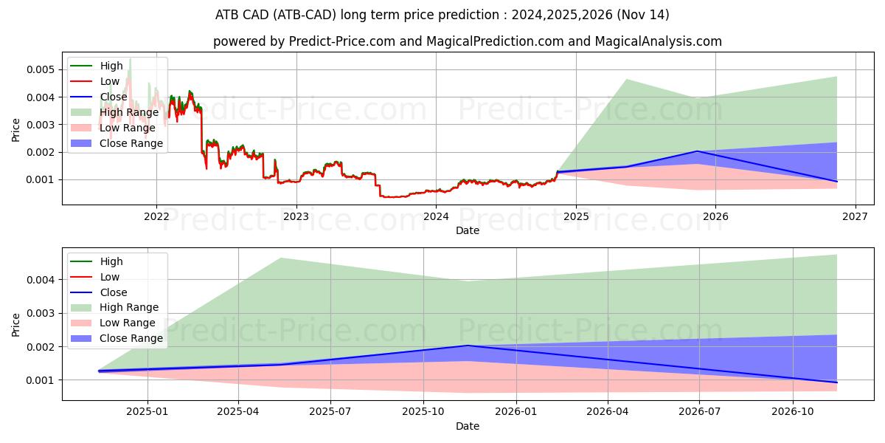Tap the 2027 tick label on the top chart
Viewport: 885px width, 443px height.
(855, 216)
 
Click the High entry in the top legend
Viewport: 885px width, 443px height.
(111, 66)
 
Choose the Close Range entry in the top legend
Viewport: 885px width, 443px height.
(131, 143)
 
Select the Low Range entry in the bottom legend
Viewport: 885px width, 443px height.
(128, 323)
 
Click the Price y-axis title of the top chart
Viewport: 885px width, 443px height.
(16, 131)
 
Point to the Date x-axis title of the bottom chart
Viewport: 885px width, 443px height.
(468, 426)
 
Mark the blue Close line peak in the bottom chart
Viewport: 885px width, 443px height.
(468, 346)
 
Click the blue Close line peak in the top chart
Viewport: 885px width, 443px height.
(697, 151)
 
